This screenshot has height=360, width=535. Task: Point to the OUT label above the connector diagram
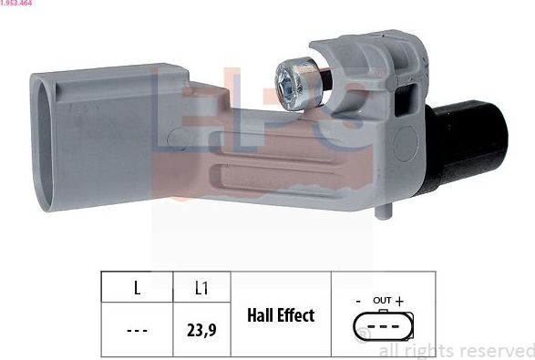pyautogui.click(x=382, y=300)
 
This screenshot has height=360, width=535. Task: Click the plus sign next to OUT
pyautogui.click(x=399, y=300)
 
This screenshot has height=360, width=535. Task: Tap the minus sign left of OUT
pyautogui.click(x=360, y=300)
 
